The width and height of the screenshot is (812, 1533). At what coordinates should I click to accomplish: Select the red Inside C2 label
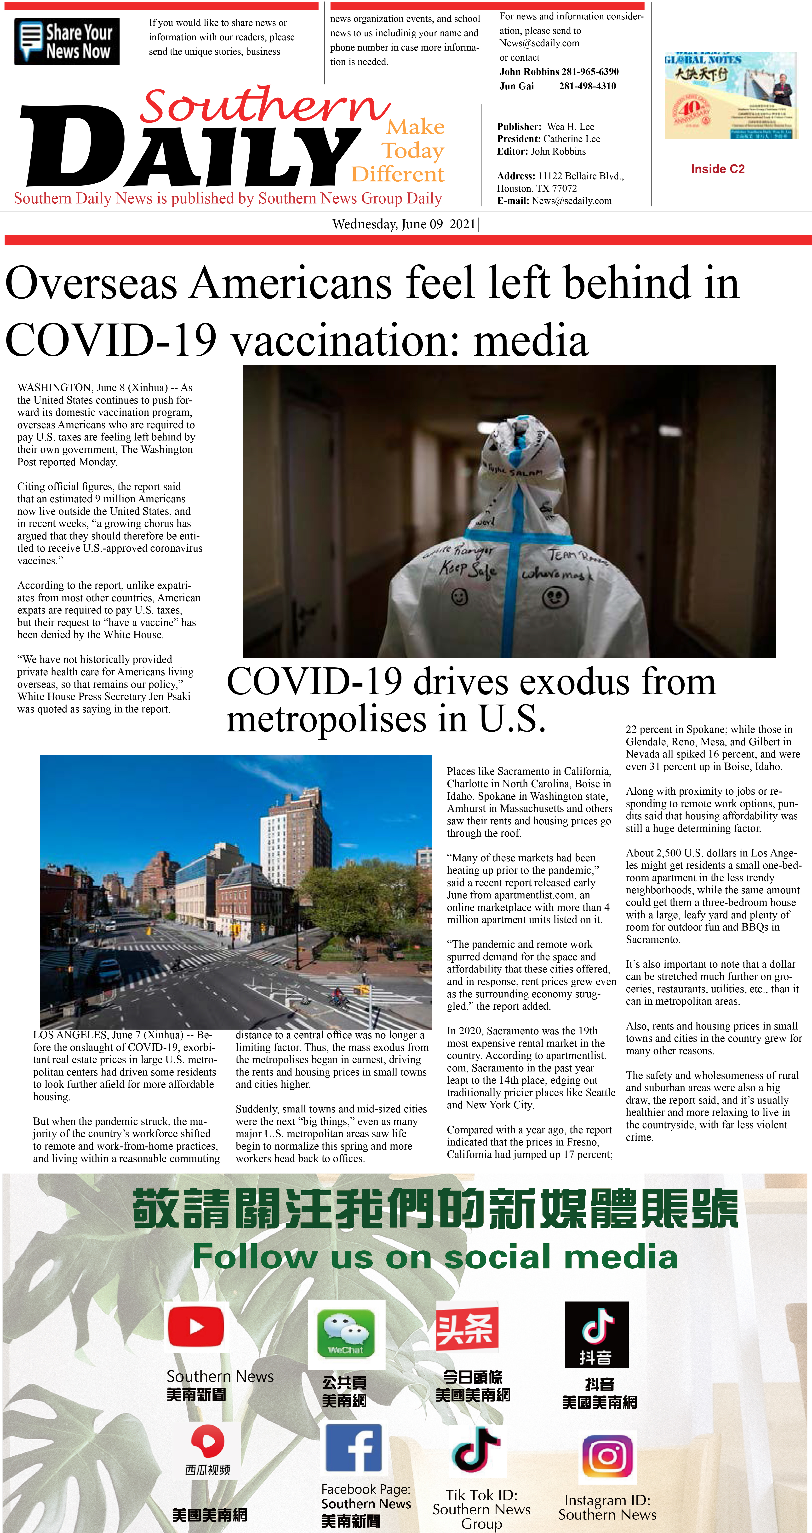pos(717,169)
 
